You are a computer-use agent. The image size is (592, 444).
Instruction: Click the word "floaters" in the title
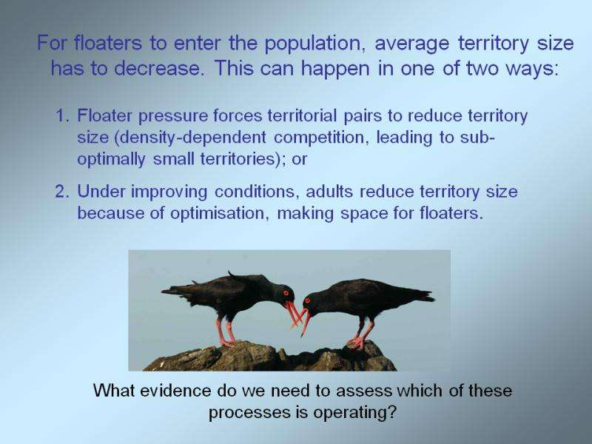107,43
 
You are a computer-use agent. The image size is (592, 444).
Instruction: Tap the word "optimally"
111,160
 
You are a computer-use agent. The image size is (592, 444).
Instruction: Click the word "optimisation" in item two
220,214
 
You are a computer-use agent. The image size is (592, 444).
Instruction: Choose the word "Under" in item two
101,192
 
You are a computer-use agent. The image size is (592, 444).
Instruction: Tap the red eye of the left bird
286,293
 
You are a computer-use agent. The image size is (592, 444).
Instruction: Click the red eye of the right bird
307,300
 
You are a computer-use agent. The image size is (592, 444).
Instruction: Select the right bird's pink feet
357,343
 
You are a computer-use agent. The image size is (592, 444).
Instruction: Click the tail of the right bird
421,295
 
